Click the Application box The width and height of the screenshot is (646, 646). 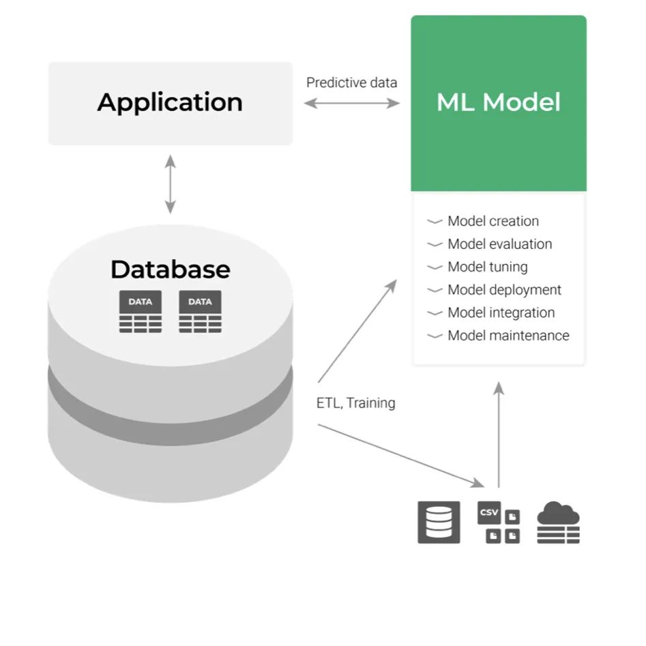click(x=170, y=103)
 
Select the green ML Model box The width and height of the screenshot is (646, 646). click(x=498, y=103)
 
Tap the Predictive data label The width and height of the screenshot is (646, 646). click(x=351, y=83)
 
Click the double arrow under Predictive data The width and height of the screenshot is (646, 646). click(x=351, y=104)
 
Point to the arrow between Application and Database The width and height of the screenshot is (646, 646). click(x=170, y=184)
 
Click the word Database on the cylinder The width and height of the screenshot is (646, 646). click(x=170, y=269)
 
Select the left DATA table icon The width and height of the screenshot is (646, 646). click(x=141, y=312)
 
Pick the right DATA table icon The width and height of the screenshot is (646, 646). click(x=200, y=312)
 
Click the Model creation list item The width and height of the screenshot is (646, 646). click(x=493, y=221)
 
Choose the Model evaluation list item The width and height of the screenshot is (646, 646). click(x=499, y=244)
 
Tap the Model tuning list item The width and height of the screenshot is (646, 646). click(x=487, y=267)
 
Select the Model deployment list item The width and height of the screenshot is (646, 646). click(x=504, y=290)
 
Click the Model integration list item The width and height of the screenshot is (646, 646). click(x=501, y=312)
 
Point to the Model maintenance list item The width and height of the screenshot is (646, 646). click(x=508, y=336)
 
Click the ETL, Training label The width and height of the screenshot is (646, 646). click(x=355, y=403)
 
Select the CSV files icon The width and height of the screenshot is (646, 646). click(x=498, y=523)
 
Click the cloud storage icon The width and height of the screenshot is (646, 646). click(x=558, y=523)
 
